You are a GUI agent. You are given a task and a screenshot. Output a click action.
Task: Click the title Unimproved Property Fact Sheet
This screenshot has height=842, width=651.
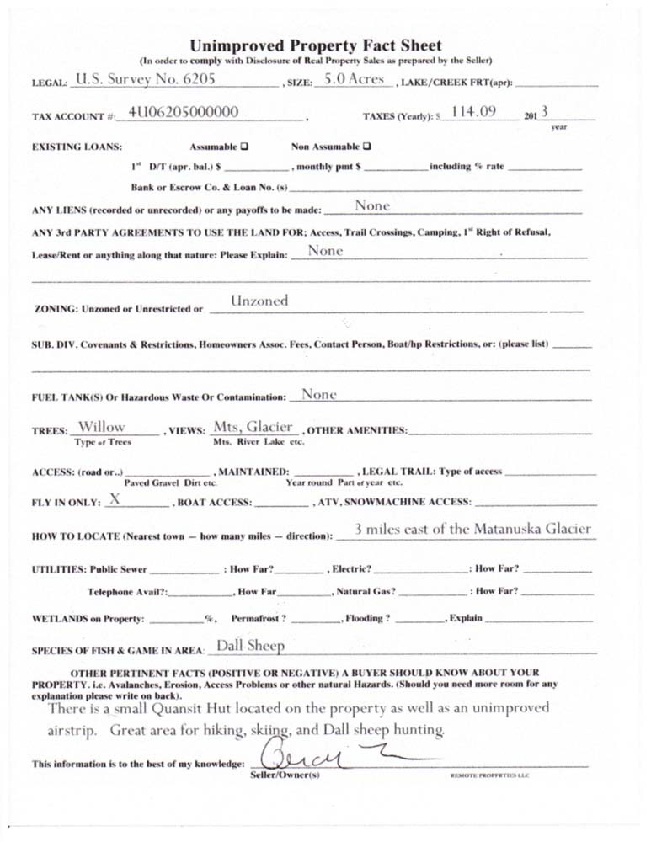[315, 45]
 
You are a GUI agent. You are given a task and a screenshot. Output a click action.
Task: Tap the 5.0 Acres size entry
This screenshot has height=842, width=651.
[353, 80]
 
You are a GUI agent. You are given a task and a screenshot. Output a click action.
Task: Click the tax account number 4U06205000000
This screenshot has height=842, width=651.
[184, 112]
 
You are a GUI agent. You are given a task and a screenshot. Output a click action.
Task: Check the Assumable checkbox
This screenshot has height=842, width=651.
[244, 146]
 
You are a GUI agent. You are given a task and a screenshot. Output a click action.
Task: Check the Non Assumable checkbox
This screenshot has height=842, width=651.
[367, 146]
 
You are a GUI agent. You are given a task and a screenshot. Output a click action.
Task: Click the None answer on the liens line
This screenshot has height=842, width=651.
[372, 205]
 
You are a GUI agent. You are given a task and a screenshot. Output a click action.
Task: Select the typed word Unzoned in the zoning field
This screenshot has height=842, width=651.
[259, 301]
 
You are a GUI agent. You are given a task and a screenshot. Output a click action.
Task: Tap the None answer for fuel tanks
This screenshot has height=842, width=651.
[318, 393]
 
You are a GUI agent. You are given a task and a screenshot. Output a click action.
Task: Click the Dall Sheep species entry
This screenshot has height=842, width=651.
[250, 646]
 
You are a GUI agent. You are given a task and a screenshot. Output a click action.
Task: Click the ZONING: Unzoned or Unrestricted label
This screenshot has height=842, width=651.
[119, 309]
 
